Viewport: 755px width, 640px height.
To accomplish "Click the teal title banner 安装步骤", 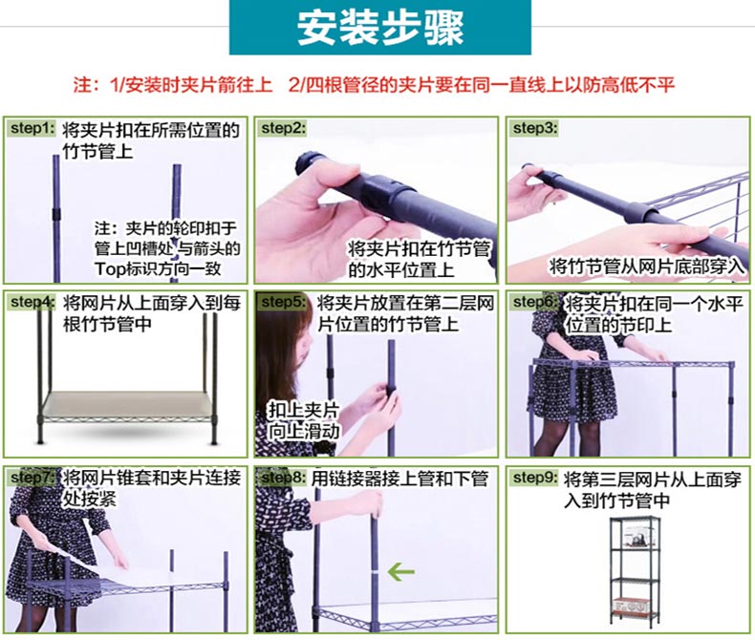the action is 380,27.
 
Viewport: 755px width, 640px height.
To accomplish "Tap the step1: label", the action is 32,129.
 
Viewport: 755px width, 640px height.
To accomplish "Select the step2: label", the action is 283,128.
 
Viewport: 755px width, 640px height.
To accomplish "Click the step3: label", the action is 535,128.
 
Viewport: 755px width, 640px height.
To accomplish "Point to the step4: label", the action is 32,302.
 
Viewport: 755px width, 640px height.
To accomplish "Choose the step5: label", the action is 283,302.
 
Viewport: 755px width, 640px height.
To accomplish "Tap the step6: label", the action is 535,302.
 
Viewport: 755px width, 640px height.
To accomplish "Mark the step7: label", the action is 32,477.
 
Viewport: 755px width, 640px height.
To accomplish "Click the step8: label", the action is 283,478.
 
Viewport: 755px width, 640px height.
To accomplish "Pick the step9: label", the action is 535,478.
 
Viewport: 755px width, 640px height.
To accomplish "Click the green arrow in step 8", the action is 400,571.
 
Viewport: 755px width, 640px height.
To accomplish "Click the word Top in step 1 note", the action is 109,268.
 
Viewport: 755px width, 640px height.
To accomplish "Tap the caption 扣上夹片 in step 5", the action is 303,410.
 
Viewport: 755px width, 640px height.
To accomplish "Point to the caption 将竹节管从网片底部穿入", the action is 647,266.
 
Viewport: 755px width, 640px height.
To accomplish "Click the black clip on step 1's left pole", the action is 55,215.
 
